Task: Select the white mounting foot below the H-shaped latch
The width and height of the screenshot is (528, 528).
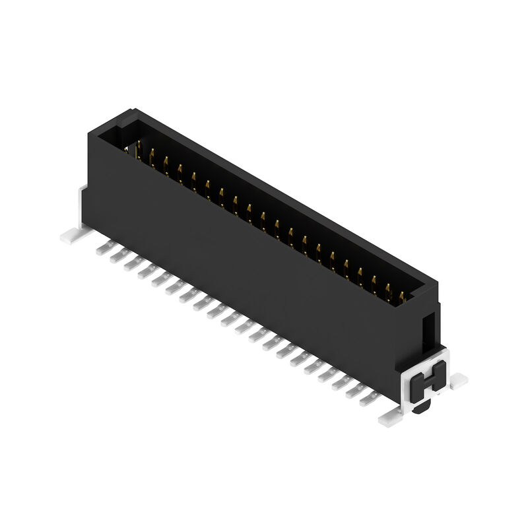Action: [390, 417]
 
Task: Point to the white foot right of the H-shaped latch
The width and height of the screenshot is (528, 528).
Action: [457, 380]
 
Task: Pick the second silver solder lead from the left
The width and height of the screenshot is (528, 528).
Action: [118, 255]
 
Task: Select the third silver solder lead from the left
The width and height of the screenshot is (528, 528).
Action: [132, 263]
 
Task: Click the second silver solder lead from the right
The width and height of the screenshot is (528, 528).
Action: [356, 389]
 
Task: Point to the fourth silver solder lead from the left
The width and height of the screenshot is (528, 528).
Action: [146, 271]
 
